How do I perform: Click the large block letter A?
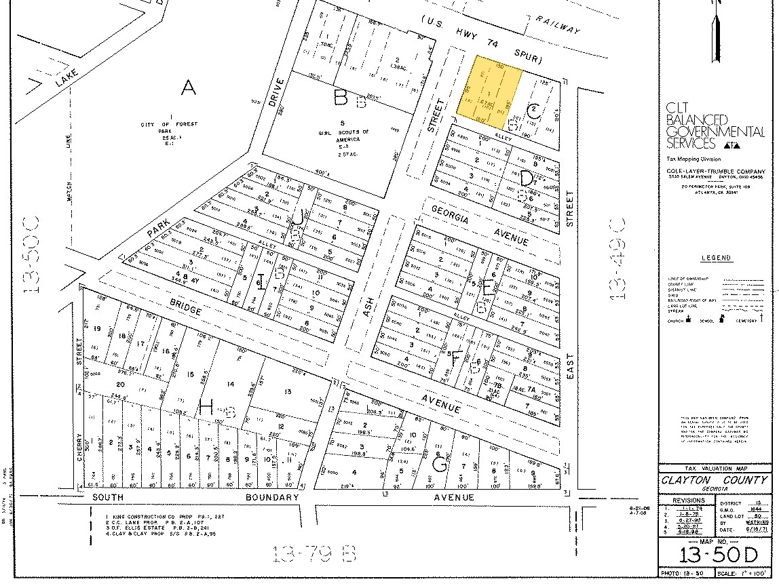click(x=187, y=87)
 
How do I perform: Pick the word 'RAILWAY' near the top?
click(x=558, y=25)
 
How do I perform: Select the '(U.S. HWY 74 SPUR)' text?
click(x=482, y=41)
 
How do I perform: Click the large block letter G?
click(x=440, y=464)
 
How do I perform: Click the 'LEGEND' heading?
click(x=716, y=258)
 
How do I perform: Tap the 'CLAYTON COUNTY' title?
click(x=715, y=480)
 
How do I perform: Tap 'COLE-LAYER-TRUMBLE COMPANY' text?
click(x=716, y=171)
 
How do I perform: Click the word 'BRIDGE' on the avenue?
click(x=186, y=310)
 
